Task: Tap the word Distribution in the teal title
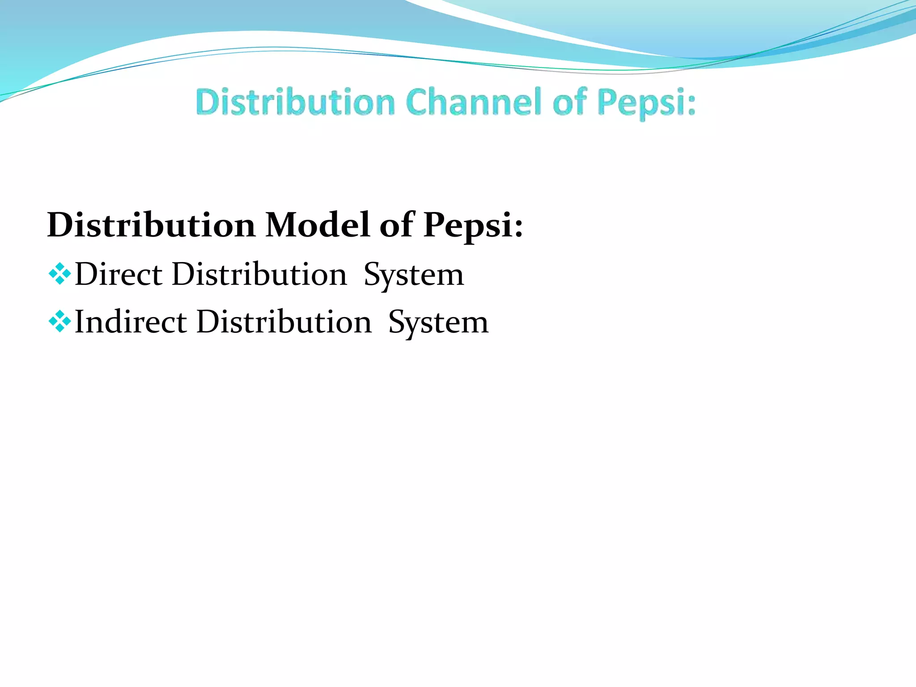pyautogui.click(x=295, y=102)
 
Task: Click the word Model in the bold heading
pyautogui.click(x=317, y=225)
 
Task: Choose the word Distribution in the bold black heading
pyautogui.click(x=151, y=225)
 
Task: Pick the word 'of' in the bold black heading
pyautogui.click(x=396, y=225)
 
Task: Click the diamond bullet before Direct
pyautogui.click(x=59, y=274)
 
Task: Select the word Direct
pyautogui.click(x=119, y=274)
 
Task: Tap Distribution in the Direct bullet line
pyautogui.click(x=259, y=274)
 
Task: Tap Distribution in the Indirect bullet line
pyautogui.click(x=284, y=322)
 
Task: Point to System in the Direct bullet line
pyautogui.click(x=414, y=275)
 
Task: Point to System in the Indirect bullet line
pyautogui.click(x=438, y=323)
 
